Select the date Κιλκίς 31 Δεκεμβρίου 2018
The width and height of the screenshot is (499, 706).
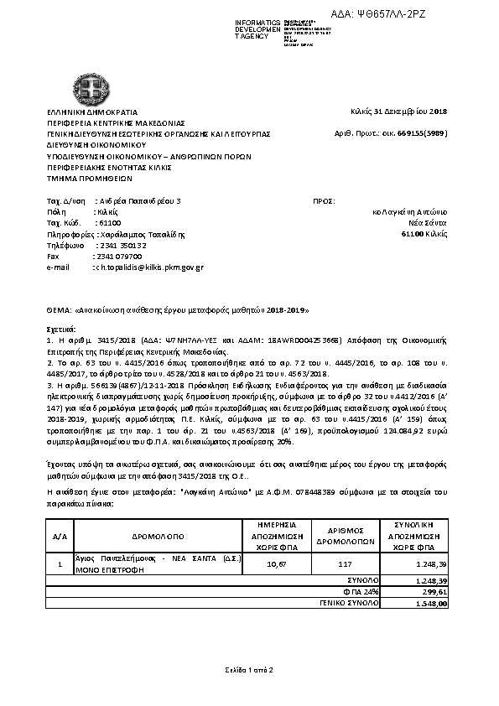tap(399, 112)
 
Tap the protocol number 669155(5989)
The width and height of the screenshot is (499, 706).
tap(422, 132)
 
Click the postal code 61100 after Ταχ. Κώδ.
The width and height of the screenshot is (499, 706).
tap(108, 223)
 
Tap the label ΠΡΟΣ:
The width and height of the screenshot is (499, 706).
tap(323, 201)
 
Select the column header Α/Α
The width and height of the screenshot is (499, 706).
tap(60, 534)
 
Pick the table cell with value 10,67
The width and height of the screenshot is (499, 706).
tap(276, 564)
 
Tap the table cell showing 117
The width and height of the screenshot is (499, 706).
tap(344, 564)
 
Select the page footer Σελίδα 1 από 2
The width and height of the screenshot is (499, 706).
tap(249, 670)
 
